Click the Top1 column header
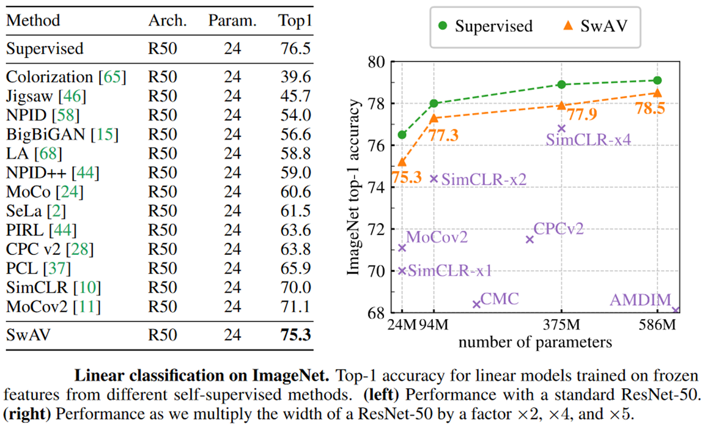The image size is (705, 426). [x=295, y=21]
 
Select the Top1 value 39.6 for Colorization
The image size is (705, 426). [x=296, y=77]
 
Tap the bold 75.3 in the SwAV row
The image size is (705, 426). [x=296, y=335]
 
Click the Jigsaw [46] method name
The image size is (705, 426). [x=46, y=96]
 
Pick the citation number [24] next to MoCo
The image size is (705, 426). [x=70, y=192]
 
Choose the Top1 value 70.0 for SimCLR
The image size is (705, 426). [x=296, y=288]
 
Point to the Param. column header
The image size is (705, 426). [x=232, y=21]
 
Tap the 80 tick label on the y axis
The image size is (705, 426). [x=376, y=62]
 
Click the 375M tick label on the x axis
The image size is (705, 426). [x=561, y=325]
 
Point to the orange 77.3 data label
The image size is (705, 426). [x=443, y=135]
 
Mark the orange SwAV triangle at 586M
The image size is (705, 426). [x=657, y=93]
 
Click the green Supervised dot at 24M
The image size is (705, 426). [x=402, y=135]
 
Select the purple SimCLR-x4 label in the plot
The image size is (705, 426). [x=588, y=140]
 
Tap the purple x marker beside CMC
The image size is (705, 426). [x=476, y=304]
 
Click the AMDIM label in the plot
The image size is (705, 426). [x=640, y=300]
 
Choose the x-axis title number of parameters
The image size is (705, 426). [x=535, y=342]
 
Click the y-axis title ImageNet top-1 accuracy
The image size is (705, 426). [x=353, y=187]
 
